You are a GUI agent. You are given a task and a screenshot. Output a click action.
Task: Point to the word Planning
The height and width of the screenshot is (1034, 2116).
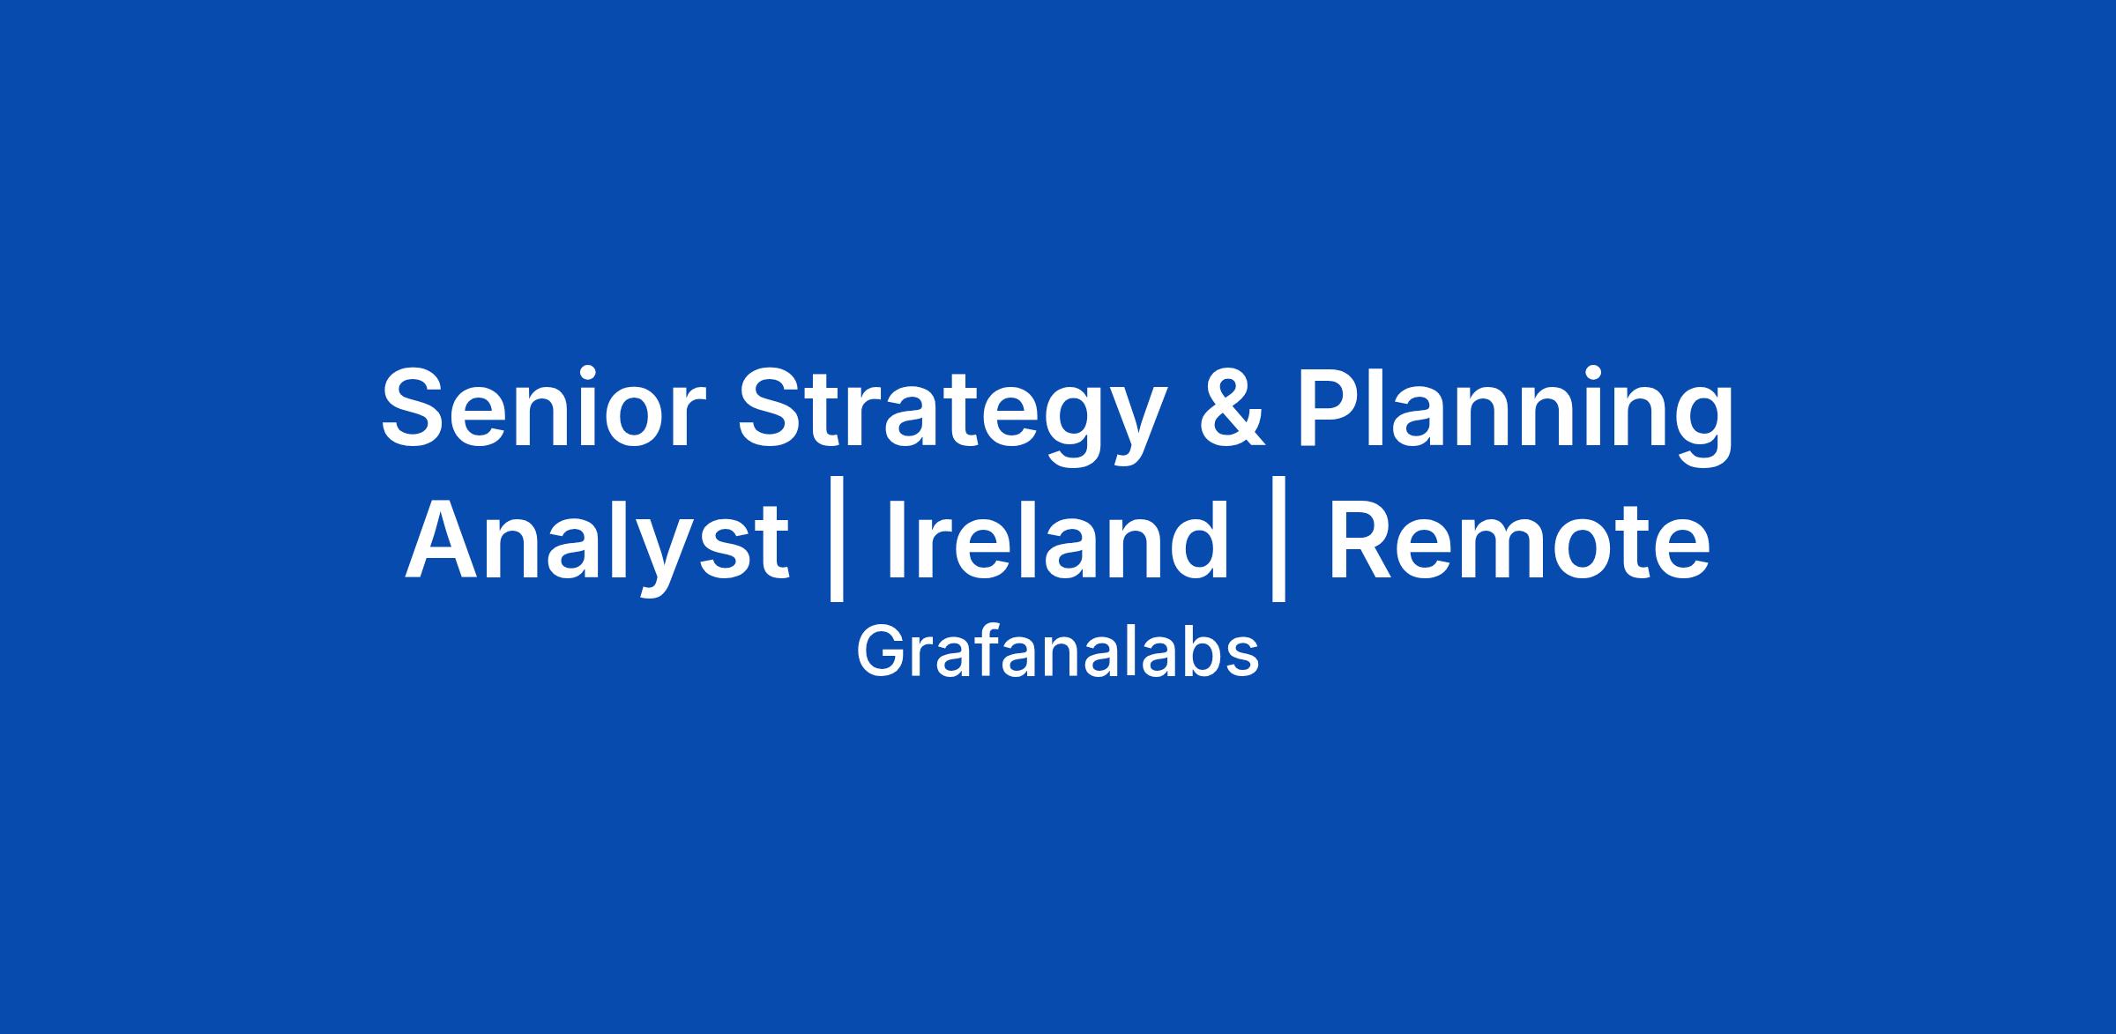[x=1514, y=420]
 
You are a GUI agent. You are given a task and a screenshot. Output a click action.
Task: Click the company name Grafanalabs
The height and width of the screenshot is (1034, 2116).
[x=1057, y=652]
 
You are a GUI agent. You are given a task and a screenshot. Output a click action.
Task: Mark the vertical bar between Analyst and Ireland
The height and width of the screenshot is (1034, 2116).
[x=838, y=546]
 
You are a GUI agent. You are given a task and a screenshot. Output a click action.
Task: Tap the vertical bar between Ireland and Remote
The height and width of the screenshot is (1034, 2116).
[x=1278, y=546]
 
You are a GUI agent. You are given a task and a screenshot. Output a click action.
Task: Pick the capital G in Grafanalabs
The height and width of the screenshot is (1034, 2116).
[x=882, y=651]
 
